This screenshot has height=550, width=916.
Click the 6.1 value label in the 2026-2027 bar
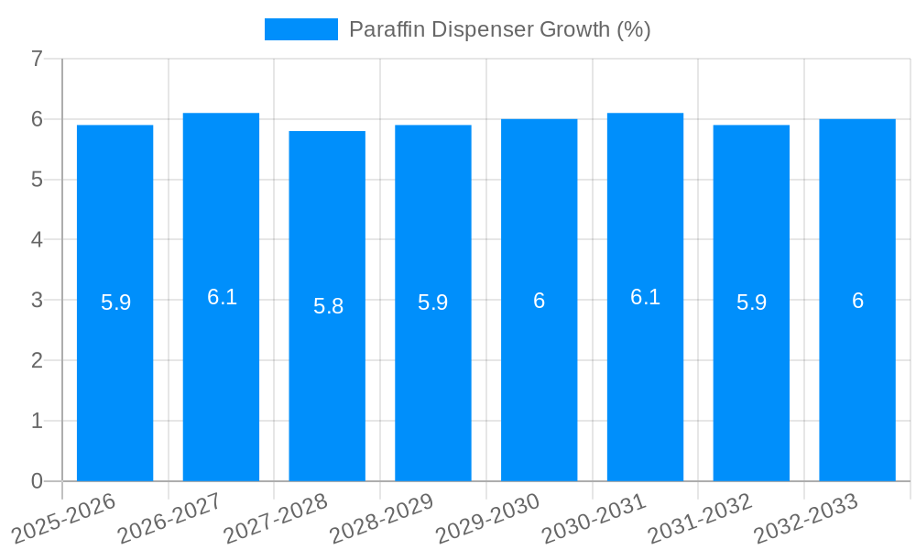coord(222,297)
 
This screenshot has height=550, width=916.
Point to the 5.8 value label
coord(328,306)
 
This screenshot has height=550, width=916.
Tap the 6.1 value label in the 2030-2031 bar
coord(645,297)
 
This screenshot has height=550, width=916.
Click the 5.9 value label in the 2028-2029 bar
coord(433,302)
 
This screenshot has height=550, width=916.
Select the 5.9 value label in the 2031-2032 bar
coord(751,302)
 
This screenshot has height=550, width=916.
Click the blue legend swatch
coord(300,29)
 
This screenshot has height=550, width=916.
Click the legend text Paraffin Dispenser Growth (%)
coord(499,29)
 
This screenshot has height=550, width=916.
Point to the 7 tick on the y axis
coord(37,60)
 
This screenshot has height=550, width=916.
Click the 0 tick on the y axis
coord(37,481)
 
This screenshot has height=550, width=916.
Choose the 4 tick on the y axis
coord(37,240)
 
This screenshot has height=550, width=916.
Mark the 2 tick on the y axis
coord(37,361)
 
